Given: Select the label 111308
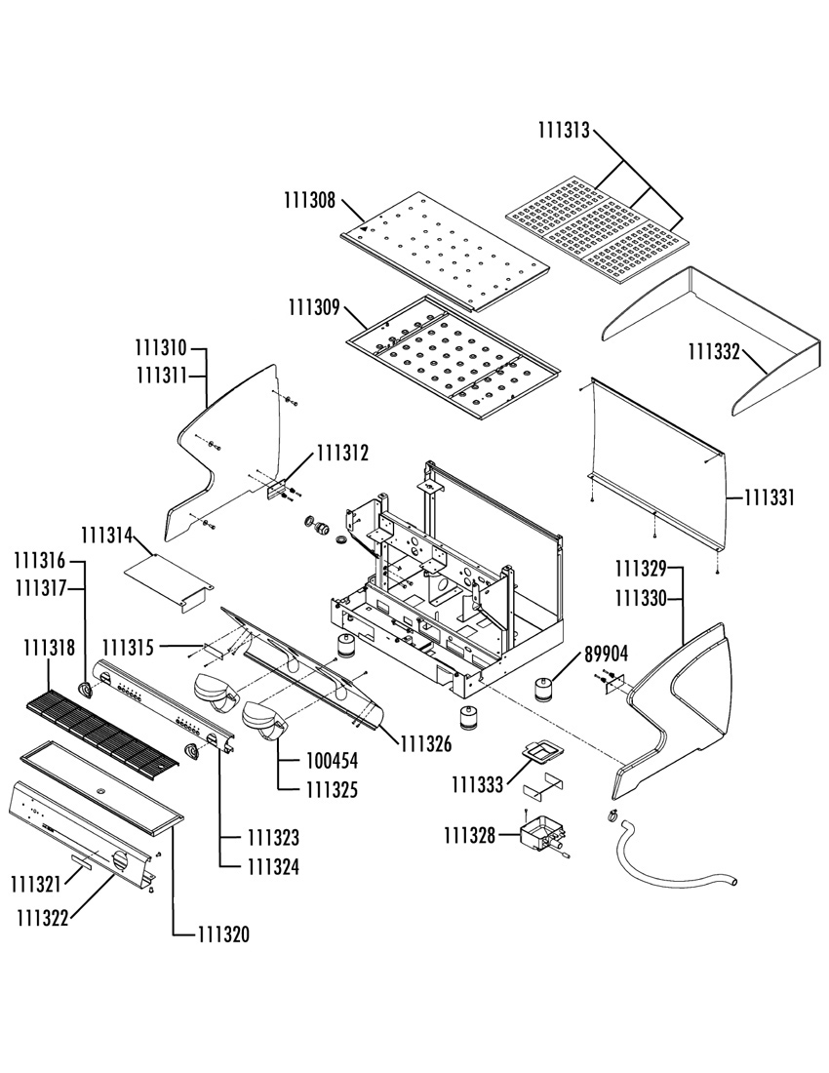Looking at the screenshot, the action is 310,201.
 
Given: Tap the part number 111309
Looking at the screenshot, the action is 314,308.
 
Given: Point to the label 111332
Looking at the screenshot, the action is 713,352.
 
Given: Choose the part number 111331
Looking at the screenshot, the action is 770,497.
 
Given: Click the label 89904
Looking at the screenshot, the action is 606,655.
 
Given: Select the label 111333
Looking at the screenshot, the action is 477,785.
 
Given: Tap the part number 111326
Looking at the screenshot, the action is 426,744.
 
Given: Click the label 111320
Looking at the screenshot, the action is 223,934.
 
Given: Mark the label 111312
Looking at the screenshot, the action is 342,453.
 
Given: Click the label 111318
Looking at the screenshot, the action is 49,647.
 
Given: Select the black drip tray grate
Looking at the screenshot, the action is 102,732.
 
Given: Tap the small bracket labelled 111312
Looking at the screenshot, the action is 276,490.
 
